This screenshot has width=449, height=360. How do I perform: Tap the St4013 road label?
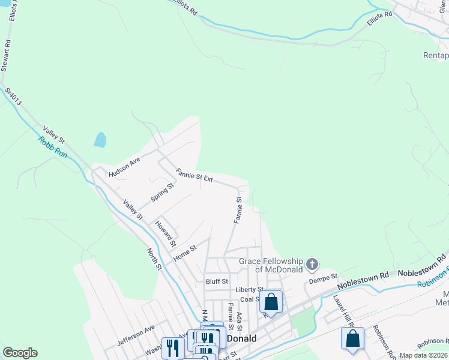pos(13,97)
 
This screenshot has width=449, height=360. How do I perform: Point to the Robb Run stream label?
pos(53,148)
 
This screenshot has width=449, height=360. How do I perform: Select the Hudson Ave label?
pos(124,167)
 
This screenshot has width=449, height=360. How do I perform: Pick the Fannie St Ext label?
pos(194,176)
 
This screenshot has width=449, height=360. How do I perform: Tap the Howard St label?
pos(165,234)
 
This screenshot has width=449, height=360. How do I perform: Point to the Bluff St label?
pos(217,281)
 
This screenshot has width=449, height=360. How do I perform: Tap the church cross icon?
pos(312,264)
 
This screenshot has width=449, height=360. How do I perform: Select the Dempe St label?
pos(321,280)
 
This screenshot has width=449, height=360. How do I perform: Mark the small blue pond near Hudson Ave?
pos(100,140)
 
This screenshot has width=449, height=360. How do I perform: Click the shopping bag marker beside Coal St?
pos(271,302)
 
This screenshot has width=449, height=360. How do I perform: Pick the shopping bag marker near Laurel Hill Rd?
pos(352,338)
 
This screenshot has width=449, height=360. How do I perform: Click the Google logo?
pos(20,353)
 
